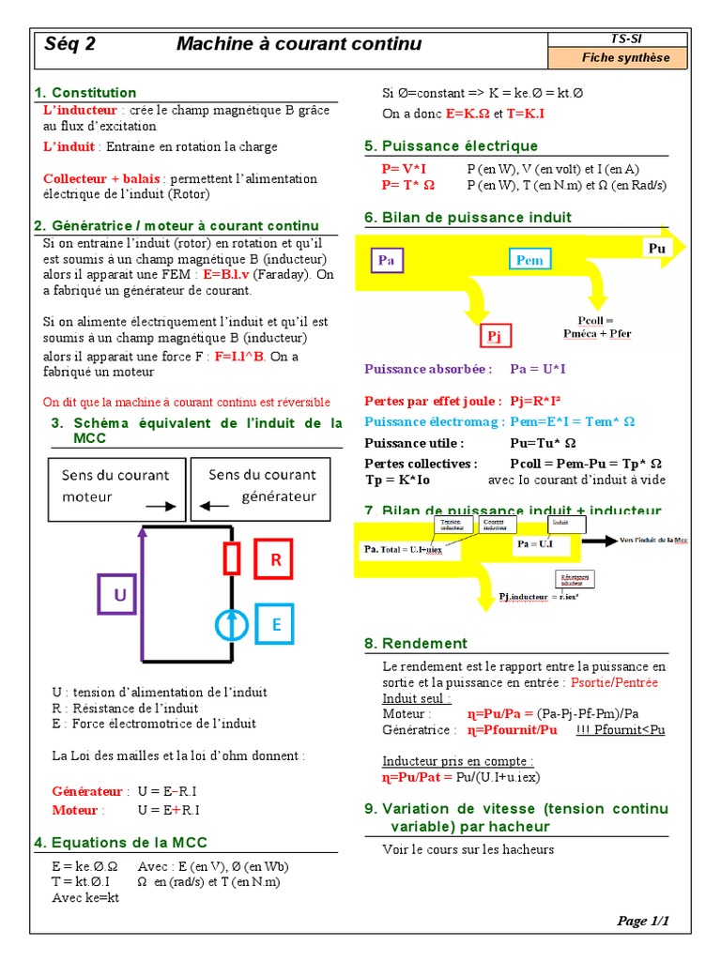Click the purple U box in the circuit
[119, 595]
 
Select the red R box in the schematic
[276, 560]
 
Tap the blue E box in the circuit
[276, 624]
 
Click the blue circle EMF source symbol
[231, 624]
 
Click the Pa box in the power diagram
[386, 260]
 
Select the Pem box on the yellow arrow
[530, 260]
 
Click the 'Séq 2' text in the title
[70, 44]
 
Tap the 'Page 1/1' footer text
[643, 921]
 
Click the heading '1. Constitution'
[85, 92]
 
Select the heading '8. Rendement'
[415, 643]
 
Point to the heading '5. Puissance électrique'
[451, 145]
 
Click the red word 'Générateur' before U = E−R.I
[87, 792]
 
